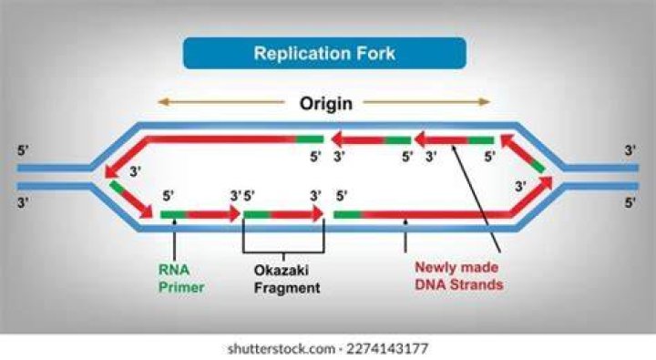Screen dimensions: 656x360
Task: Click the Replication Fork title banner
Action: click(x=324, y=53)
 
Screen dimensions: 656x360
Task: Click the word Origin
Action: click(x=326, y=103)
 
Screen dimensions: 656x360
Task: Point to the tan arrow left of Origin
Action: click(x=221, y=102)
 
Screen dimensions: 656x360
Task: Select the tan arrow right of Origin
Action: click(x=426, y=102)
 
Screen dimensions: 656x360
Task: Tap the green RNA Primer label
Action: click(x=181, y=278)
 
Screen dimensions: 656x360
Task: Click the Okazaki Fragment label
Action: click(x=287, y=279)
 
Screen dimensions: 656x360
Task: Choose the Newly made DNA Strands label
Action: click(x=458, y=276)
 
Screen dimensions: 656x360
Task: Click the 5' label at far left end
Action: click(x=23, y=150)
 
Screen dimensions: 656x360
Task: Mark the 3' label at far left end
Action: click(x=23, y=202)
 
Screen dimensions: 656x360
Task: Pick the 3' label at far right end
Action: click(x=630, y=150)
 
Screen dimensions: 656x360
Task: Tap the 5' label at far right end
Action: click(x=630, y=202)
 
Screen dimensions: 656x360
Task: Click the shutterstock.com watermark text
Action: click(x=282, y=348)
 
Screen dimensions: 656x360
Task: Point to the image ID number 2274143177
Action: click(x=387, y=348)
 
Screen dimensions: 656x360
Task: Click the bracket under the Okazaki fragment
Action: click(x=283, y=252)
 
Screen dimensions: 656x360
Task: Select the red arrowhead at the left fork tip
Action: click(x=112, y=170)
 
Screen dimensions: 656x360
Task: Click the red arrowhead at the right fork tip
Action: click(x=546, y=183)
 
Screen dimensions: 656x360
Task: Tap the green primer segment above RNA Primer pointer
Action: click(x=173, y=215)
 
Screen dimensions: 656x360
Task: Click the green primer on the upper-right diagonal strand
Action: click(x=538, y=165)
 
